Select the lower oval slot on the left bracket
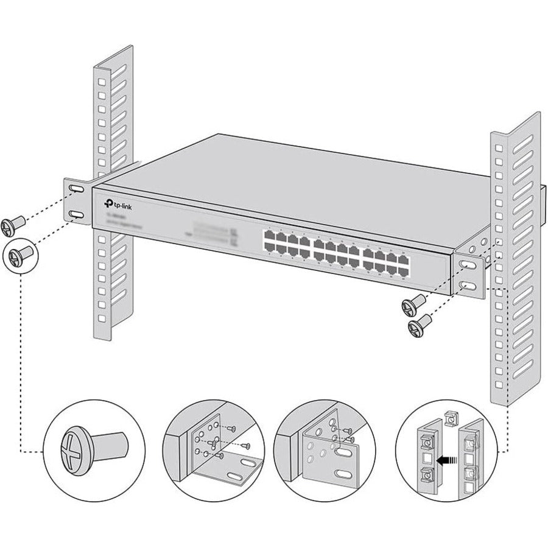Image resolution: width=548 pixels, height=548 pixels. coord(77,215)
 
